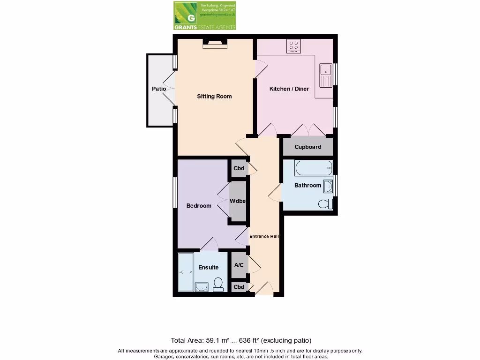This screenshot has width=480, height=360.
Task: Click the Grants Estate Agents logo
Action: [204, 15]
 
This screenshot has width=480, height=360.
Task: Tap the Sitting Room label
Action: [214, 97]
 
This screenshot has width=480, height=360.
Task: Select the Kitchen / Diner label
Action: [289, 89]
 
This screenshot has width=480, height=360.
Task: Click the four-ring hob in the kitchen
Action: [294, 46]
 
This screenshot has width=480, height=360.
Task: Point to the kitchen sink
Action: [325, 75]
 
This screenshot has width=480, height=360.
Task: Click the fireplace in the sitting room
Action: [215, 44]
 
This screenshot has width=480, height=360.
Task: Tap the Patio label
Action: [159, 89]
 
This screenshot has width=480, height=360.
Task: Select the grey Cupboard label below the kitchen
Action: [307, 147]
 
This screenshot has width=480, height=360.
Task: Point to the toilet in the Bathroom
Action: [324, 204]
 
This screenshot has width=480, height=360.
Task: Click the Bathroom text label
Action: [307, 186]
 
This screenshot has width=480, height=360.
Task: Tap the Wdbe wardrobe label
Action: [238, 201]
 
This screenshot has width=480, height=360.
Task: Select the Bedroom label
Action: [199, 206]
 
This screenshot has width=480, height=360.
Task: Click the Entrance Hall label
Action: [264, 236]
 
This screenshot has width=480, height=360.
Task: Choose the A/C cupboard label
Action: [239, 265]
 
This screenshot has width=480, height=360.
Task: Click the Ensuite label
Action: [208, 268]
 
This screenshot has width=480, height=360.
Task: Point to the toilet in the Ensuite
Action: [218, 284]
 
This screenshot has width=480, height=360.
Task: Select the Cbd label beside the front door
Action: [239, 287]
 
